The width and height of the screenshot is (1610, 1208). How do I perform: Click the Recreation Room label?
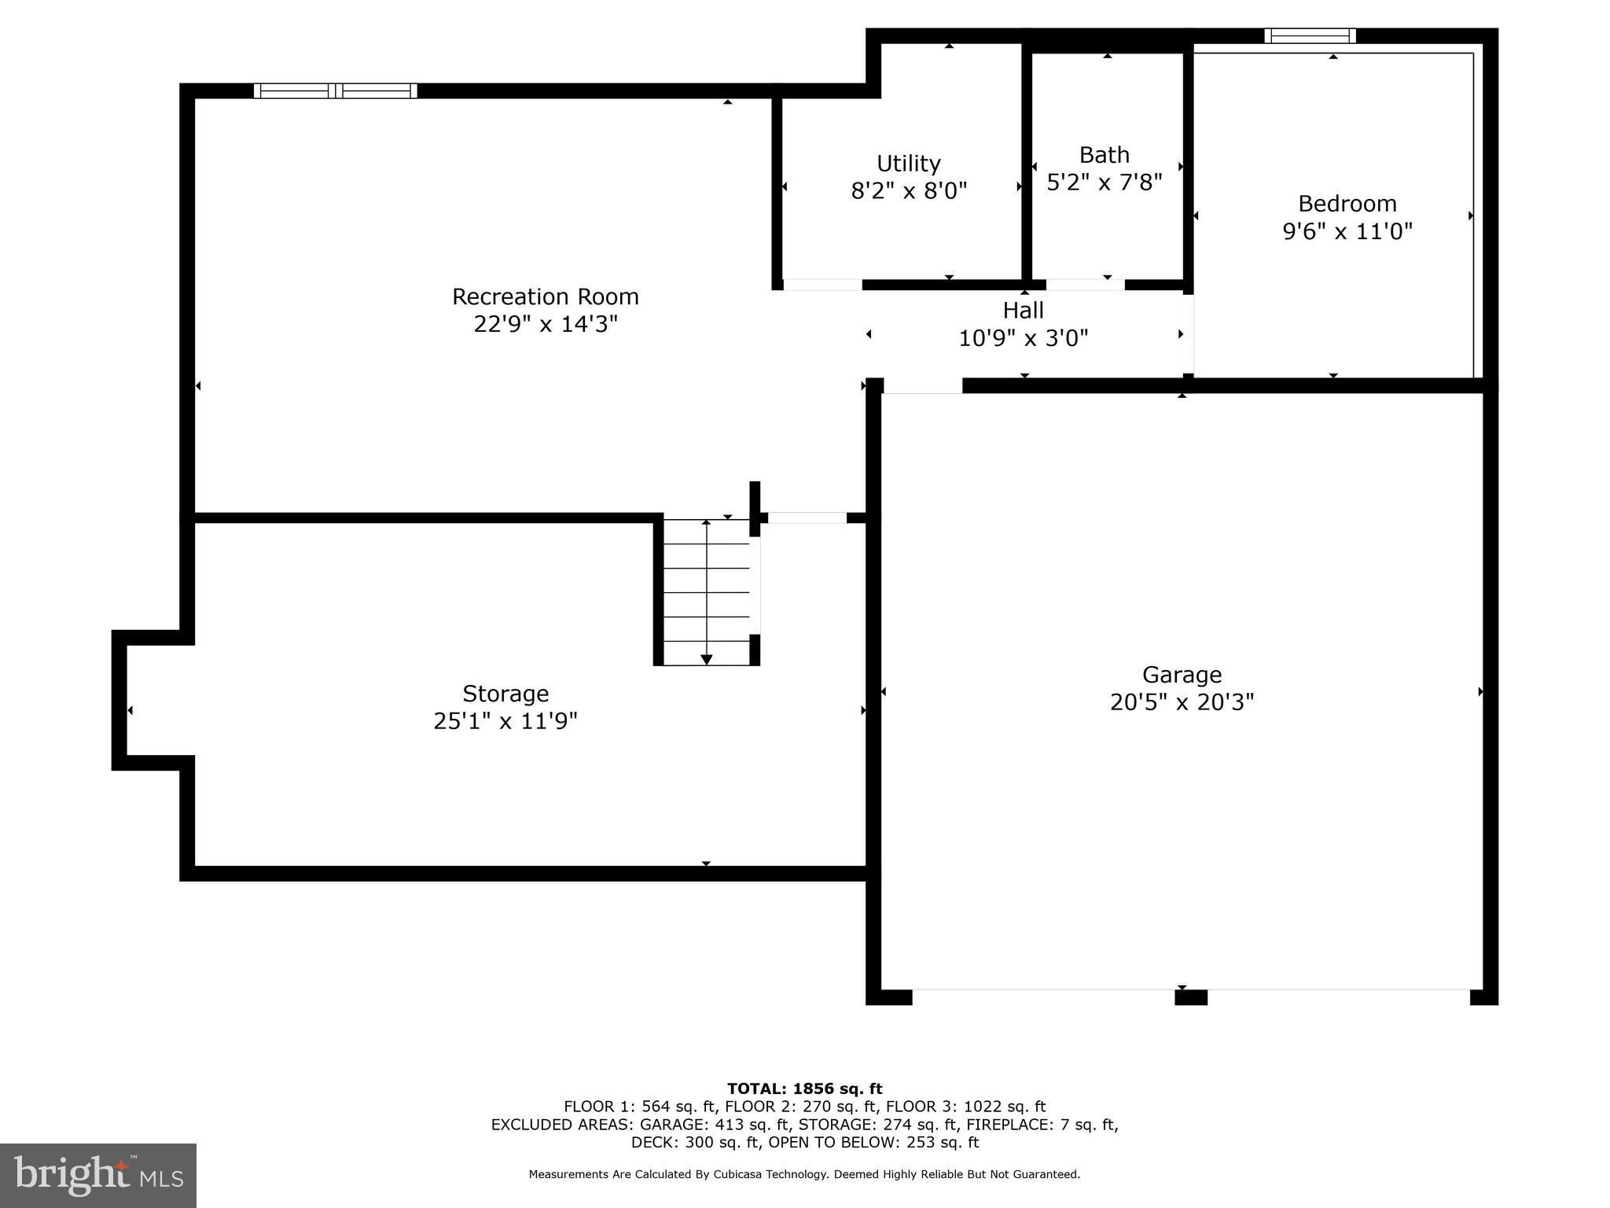click(545, 296)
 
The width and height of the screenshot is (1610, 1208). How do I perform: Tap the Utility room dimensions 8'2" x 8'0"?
click(909, 191)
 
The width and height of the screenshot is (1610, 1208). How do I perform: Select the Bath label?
click(1104, 155)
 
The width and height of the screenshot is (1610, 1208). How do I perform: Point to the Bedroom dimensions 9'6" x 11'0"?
click(1347, 231)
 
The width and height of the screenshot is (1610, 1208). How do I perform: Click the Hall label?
click(1023, 310)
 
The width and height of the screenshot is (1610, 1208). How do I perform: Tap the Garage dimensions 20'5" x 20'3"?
click(1182, 702)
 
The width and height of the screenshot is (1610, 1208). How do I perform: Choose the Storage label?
click(505, 694)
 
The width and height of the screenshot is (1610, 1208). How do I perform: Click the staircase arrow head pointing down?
click(706, 659)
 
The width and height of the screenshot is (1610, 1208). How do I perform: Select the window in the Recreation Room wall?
click(336, 91)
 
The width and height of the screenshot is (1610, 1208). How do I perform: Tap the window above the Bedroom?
click(1310, 36)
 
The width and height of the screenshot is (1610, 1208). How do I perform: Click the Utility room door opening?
click(822, 285)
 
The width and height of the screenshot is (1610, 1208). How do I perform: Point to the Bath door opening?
click(1085, 285)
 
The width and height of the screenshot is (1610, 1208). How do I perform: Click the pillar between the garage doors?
click(1190, 997)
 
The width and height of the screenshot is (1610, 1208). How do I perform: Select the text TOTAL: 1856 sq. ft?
click(804, 1088)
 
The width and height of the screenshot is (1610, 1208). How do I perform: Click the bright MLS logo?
click(98, 1175)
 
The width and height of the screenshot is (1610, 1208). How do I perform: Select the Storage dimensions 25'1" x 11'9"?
click(505, 720)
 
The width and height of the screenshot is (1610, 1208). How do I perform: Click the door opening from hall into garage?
click(922, 386)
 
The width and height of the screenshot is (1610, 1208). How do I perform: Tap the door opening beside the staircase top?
click(807, 517)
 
